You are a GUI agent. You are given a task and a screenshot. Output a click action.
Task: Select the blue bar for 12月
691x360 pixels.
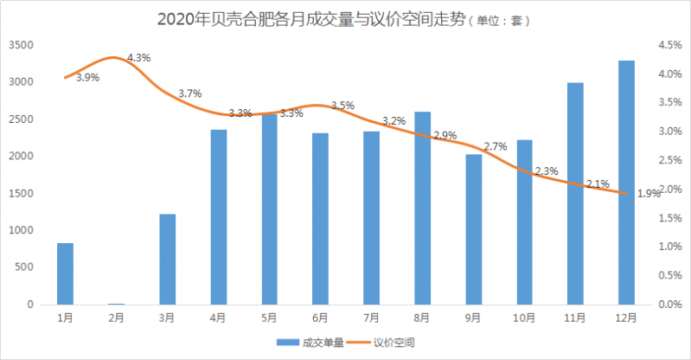click(x=626, y=183)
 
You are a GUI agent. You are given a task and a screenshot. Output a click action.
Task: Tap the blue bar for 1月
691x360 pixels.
click(x=65, y=273)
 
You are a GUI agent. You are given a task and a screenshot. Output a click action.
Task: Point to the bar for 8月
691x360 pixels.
click(x=422, y=208)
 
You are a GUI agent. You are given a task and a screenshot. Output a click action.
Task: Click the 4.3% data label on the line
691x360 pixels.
click(x=138, y=58)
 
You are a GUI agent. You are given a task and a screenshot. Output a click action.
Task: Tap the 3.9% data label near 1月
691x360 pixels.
click(x=87, y=78)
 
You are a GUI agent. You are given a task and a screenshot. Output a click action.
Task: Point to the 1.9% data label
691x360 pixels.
click(x=649, y=194)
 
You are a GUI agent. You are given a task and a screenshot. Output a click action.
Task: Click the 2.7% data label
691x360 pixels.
click(x=496, y=147)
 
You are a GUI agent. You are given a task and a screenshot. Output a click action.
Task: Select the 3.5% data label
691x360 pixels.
click(x=342, y=106)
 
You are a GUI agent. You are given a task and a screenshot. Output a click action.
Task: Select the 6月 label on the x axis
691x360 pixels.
click(x=320, y=318)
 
